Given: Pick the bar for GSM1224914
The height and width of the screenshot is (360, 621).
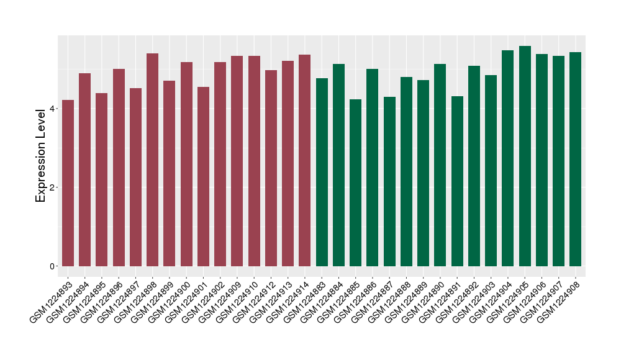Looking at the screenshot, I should tap(304, 161).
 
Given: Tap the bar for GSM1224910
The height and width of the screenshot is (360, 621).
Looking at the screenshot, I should tap(254, 161).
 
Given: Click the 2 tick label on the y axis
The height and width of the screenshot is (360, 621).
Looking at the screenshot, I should tap(53, 187).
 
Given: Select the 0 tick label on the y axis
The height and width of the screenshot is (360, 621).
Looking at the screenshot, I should tap(53, 266).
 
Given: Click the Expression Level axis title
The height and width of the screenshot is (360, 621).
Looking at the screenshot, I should tap(41, 155).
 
